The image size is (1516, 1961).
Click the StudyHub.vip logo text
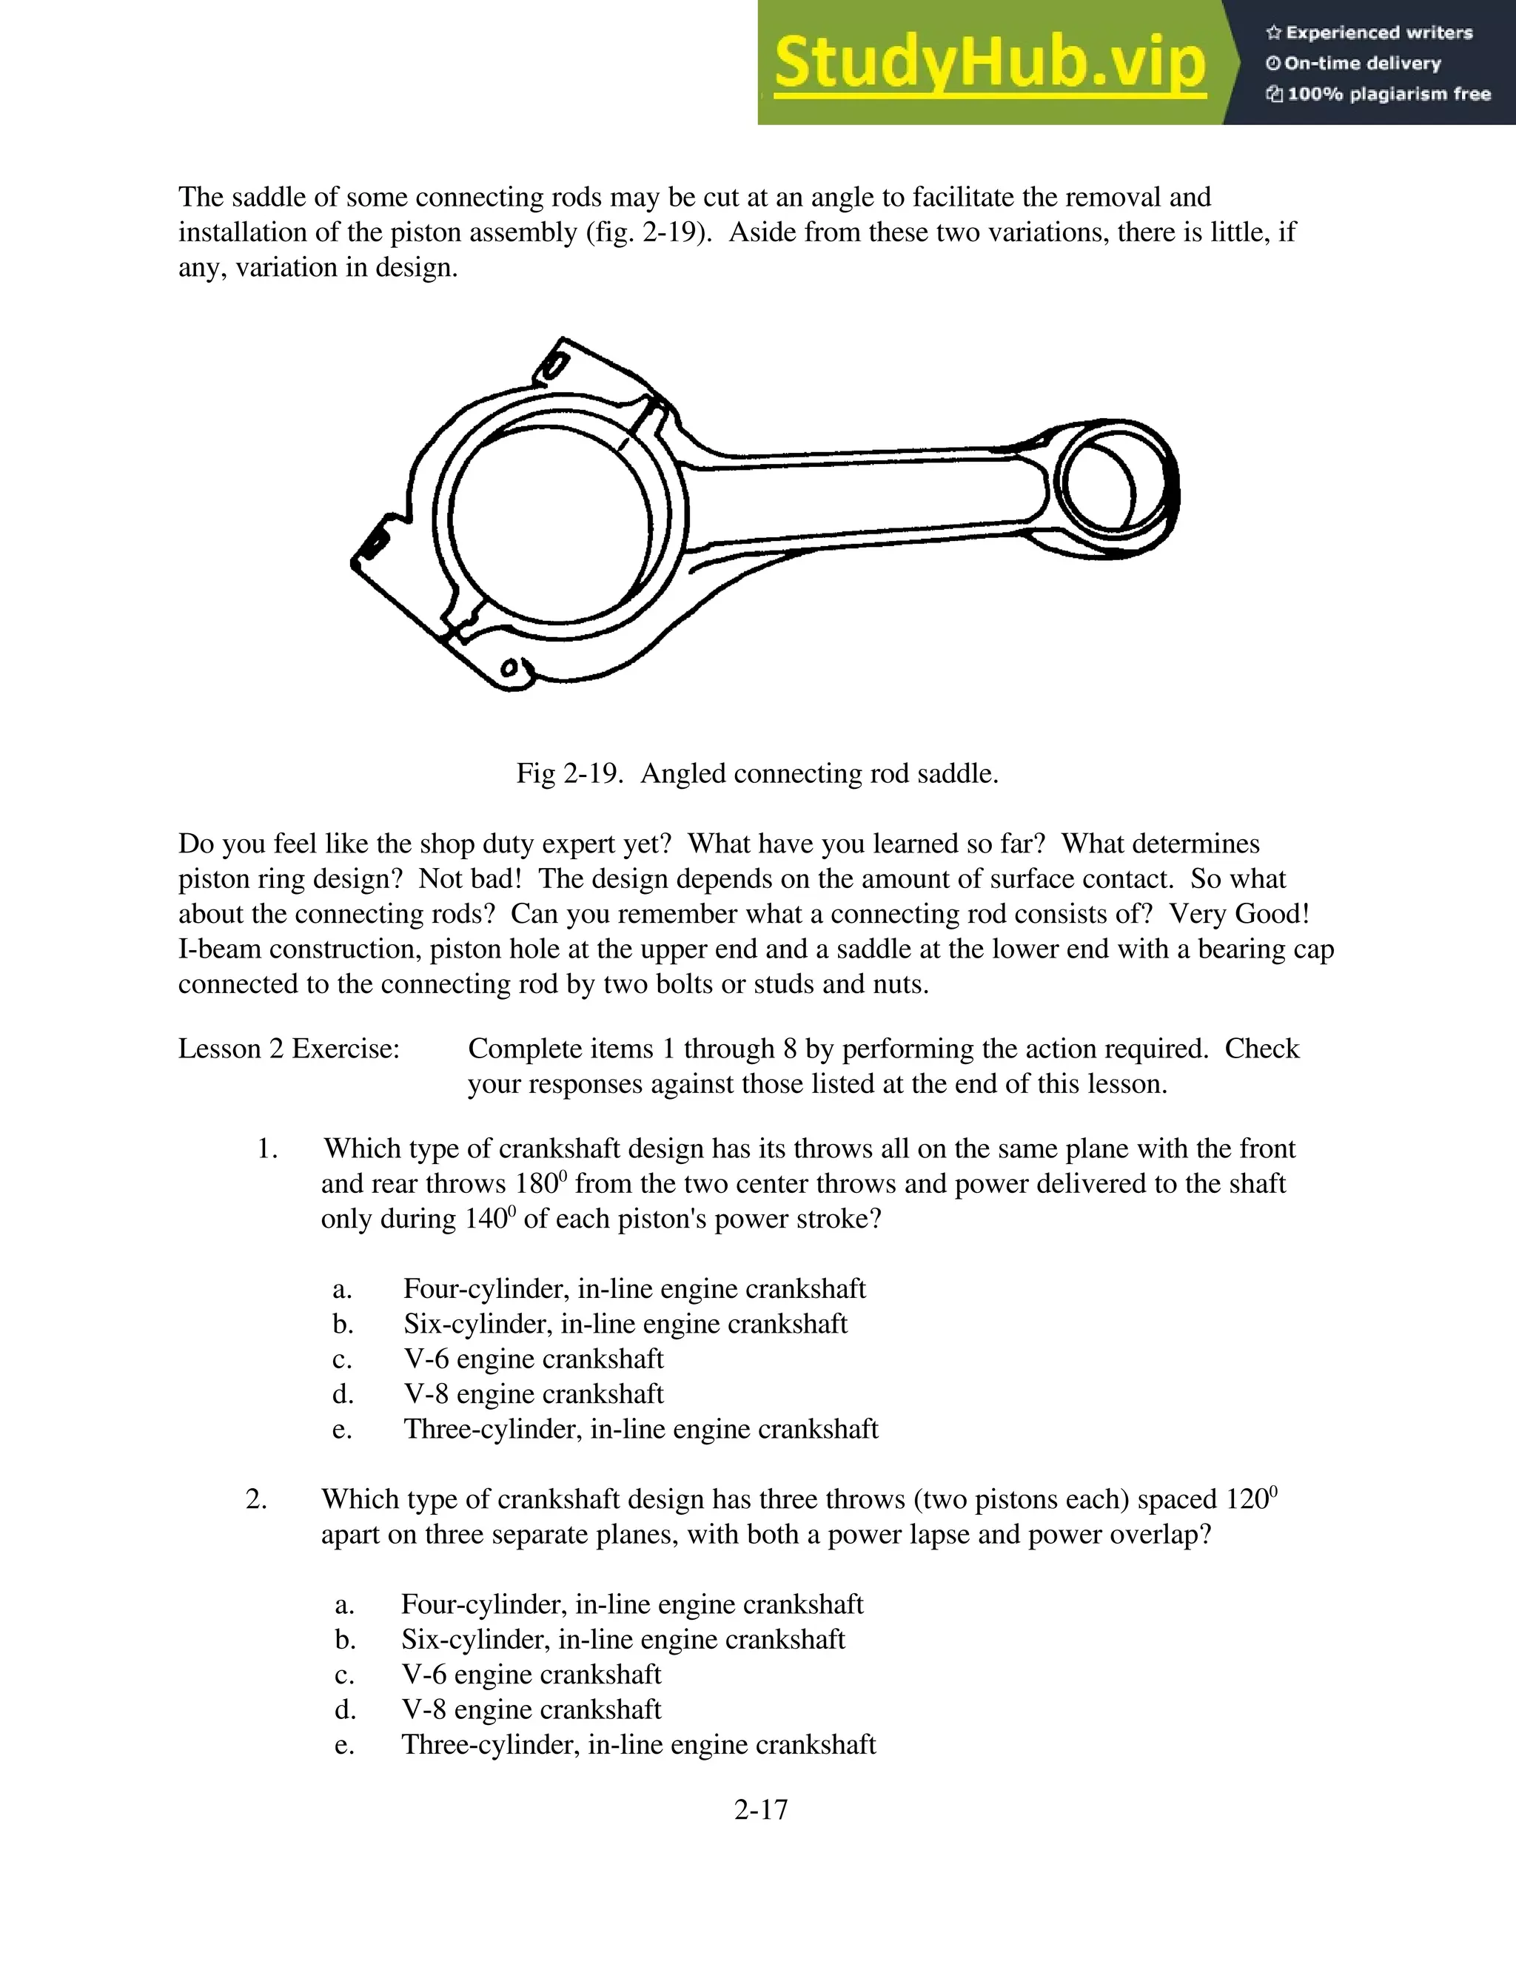click(989, 63)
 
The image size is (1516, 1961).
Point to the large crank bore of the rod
click(550, 523)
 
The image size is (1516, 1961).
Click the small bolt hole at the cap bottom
click(510, 668)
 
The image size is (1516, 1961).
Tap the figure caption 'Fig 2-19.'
click(568, 774)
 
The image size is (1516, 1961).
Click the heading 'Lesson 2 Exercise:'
click(288, 1049)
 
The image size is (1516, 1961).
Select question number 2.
click(256, 1499)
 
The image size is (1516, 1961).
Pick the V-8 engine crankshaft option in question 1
click(534, 1394)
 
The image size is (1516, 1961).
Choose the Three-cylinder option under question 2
click(637, 1745)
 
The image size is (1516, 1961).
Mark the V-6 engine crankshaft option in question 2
click(531, 1675)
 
